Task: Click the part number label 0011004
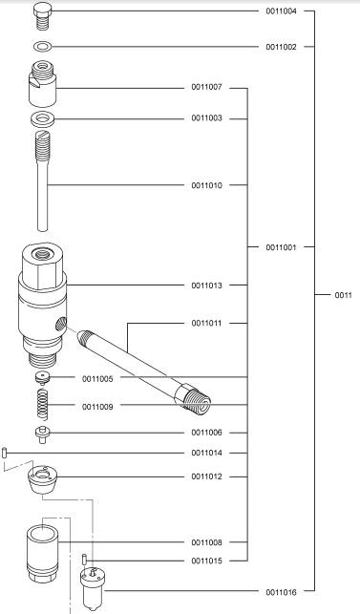click(282, 11)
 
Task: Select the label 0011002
click(282, 47)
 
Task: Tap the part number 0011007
click(206, 87)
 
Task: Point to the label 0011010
click(206, 185)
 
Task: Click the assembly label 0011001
click(282, 247)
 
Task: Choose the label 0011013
click(206, 286)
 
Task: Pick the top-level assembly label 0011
click(343, 295)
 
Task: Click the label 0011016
click(282, 592)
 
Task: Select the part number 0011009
click(97, 407)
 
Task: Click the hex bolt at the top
click(42, 15)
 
